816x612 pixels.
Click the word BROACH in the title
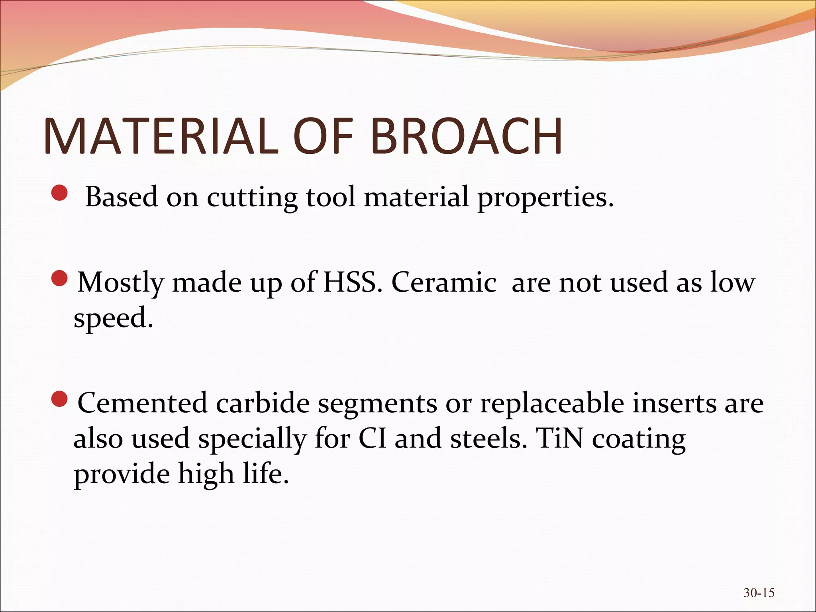[466, 136]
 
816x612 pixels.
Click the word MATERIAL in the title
[161, 136]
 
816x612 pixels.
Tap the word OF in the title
[323, 136]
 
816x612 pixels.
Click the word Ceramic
[444, 282]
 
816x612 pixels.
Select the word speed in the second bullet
[113, 319]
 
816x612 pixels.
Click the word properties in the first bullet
[545, 198]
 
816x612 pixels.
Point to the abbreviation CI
[372, 438]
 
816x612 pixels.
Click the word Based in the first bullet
[122, 197]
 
